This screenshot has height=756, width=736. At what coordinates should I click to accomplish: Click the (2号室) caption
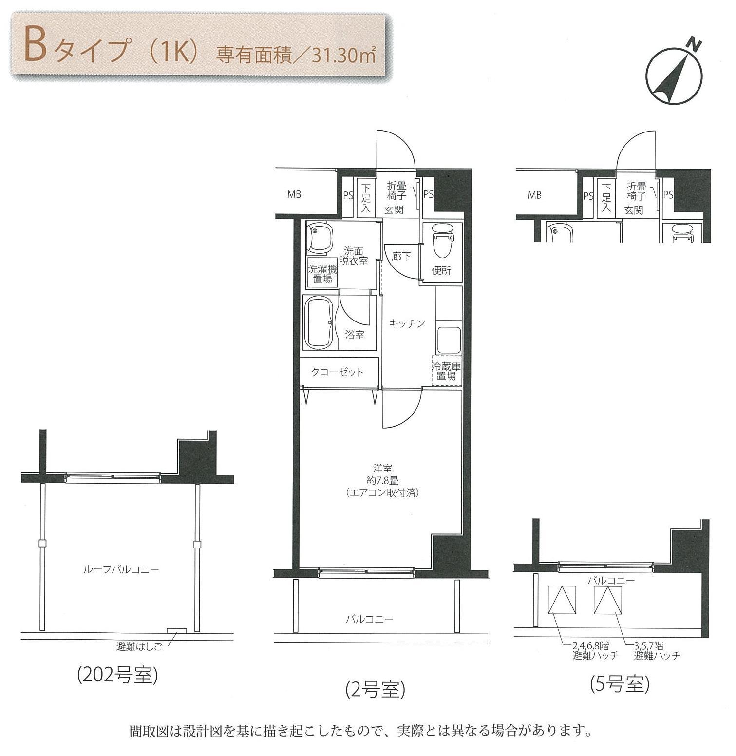point(376,690)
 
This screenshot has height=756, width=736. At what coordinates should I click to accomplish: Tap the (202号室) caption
point(117,675)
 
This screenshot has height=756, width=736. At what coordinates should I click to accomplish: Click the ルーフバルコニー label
point(121,569)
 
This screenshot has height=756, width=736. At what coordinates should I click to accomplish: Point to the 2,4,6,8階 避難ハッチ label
point(596,651)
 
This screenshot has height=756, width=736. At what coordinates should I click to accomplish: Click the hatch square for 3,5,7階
point(608,600)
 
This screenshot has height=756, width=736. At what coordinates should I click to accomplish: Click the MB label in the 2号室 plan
point(294,195)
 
